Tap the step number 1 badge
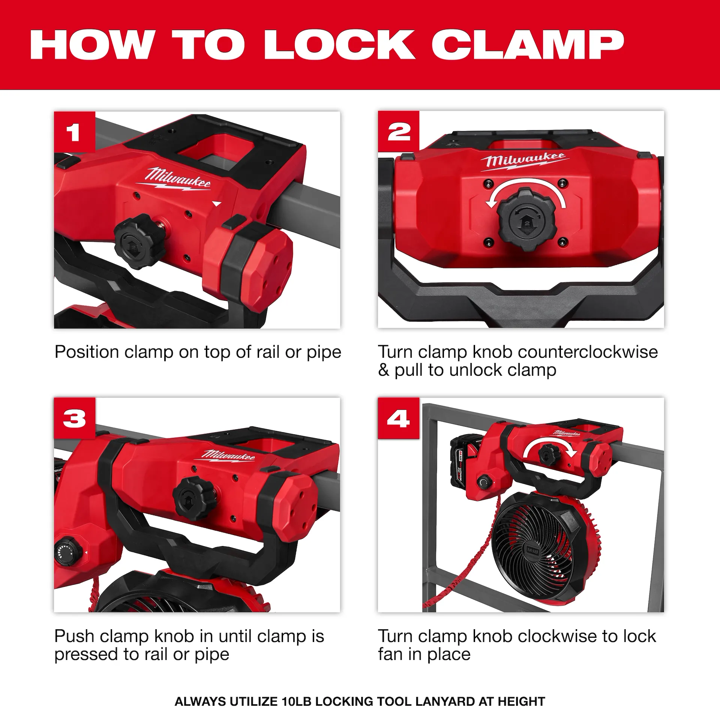(x=74, y=132)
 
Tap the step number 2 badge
(x=399, y=132)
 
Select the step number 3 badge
(x=74, y=418)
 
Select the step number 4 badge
(x=398, y=418)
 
